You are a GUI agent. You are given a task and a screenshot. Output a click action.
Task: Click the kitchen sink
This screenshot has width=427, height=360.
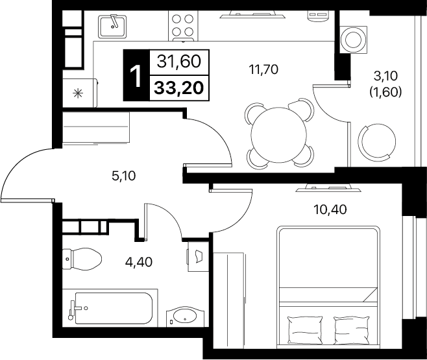click(112, 26)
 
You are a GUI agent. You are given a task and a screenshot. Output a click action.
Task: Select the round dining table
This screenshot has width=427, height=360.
click(279, 134)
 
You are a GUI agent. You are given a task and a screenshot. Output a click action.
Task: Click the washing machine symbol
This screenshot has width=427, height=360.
click(353, 40)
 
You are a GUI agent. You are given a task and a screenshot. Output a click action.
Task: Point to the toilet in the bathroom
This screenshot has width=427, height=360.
click(82, 259)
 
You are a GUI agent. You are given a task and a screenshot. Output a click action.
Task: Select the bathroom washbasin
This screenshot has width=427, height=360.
click(185, 317)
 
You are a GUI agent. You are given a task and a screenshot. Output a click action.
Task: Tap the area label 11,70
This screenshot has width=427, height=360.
click(263, 69)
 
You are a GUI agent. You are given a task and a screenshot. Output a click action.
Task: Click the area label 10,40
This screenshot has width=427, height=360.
click(330, 210)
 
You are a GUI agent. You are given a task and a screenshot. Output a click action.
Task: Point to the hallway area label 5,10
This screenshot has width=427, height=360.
click(124, 176)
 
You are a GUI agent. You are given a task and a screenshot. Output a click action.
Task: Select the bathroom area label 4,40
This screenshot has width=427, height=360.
click(139, 262)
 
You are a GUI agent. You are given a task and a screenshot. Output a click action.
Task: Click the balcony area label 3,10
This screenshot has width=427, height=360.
click(385, 76)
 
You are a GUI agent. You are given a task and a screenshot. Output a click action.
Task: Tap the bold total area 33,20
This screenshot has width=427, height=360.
click(179, 88)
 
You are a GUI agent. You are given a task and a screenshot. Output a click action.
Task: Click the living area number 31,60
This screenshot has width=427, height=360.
click(179, 62)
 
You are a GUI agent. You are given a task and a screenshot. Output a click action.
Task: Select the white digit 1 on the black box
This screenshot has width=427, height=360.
click(136, 76)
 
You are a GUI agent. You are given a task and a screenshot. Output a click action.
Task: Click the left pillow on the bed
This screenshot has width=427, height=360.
click(305, 330)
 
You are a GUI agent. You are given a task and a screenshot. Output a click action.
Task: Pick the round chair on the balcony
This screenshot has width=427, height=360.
click(378, 141)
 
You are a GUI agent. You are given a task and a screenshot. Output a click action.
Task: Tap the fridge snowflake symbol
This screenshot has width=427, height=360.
click(78, 93)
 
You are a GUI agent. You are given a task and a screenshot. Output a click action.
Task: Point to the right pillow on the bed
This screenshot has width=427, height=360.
click(352, 330)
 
